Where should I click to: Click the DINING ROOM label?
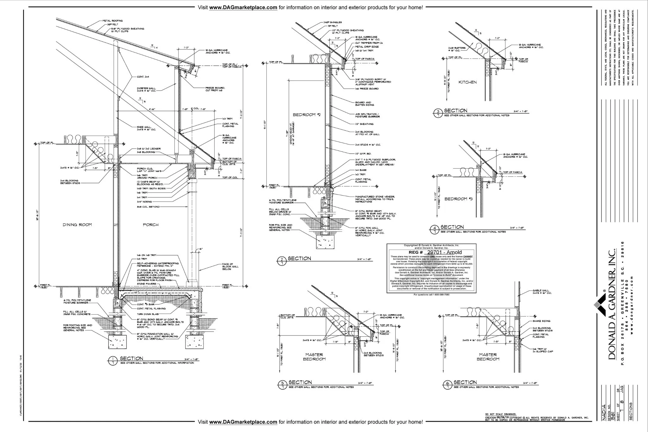(x=77, y=225)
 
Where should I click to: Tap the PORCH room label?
(x=151, y=225)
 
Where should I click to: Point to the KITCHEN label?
(x=467, y=82)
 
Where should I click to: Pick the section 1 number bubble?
(x=113, y=361)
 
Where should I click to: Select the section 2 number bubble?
(x=281, y=261)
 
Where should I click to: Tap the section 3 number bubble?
(x=438, y=113)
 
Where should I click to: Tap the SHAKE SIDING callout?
(x=541, y=321)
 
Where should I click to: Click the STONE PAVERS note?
(x=146, y=284)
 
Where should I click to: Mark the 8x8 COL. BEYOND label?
(x=148, y=207)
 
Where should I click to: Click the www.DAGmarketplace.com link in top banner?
(x=243, y=7)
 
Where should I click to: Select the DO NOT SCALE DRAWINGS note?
(x=501, y=414)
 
